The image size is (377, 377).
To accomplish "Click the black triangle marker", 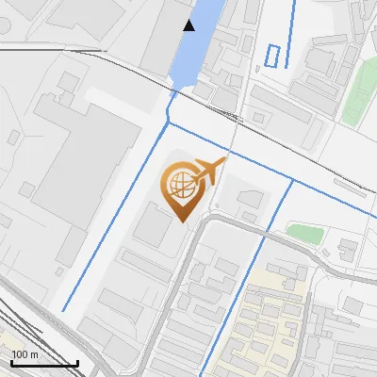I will point(189,25).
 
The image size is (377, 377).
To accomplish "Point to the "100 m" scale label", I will point(25,354).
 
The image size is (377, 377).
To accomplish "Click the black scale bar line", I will point(43,364).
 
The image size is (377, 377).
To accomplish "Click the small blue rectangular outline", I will point(273,56).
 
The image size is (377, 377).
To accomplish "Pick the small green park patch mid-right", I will point(303,232).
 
